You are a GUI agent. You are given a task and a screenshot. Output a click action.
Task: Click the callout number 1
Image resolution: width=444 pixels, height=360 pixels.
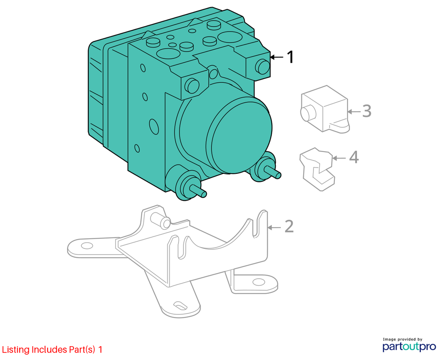click(290, 57)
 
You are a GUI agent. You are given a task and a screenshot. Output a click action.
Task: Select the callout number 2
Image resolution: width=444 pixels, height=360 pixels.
click(289, 227)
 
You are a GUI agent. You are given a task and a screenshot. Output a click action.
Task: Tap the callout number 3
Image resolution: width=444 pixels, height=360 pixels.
click(367, 111)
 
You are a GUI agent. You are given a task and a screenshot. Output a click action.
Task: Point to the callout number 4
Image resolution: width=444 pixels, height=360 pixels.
click(354, 157)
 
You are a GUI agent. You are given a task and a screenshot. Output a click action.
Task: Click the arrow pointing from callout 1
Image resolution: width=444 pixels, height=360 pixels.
click(277, 57)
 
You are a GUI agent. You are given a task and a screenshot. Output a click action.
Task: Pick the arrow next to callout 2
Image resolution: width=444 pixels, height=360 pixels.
click(274, 228)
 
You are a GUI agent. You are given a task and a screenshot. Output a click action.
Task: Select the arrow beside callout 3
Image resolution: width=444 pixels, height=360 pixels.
click(354, 112)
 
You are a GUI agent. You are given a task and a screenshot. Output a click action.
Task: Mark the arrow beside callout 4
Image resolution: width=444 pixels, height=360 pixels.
click(339, 158)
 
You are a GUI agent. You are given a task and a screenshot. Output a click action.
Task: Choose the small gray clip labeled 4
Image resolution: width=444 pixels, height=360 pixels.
click(317, 169)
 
